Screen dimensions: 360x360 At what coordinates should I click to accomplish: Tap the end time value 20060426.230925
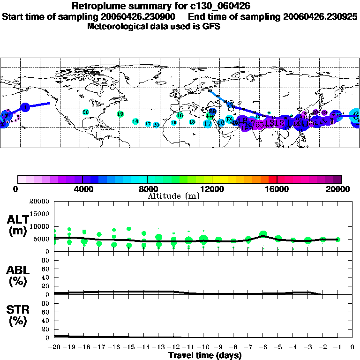click(x=321, y=17)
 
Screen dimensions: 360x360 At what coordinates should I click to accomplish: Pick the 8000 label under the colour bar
click(x=147, y=189)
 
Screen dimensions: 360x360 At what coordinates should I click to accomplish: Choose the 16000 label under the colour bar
click(x=277, y=189)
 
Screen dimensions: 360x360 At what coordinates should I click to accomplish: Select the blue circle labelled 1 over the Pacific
click(x=25, y=107)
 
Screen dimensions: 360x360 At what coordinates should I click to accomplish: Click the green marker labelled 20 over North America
click(x=85, y=112)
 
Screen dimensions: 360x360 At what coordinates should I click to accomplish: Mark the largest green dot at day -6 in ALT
click(x=263, y=234)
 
